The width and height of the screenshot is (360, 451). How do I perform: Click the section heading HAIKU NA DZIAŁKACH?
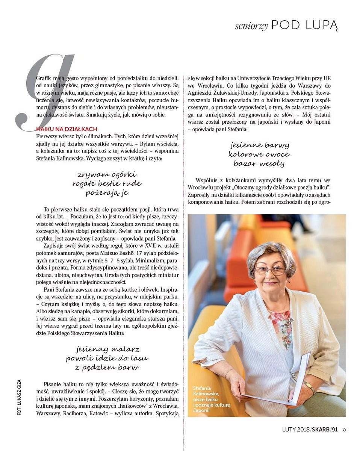point(67,129)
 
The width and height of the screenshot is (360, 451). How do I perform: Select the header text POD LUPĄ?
point(304,25)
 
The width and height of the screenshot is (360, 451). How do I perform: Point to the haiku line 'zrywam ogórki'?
point(107,175)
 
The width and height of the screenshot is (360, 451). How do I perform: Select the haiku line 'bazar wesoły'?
point(259,163)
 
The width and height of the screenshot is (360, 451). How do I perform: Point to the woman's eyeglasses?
point(270,270)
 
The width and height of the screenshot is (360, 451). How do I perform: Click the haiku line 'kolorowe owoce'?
point(259,154)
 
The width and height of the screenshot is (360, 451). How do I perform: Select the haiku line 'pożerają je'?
point(107,193)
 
